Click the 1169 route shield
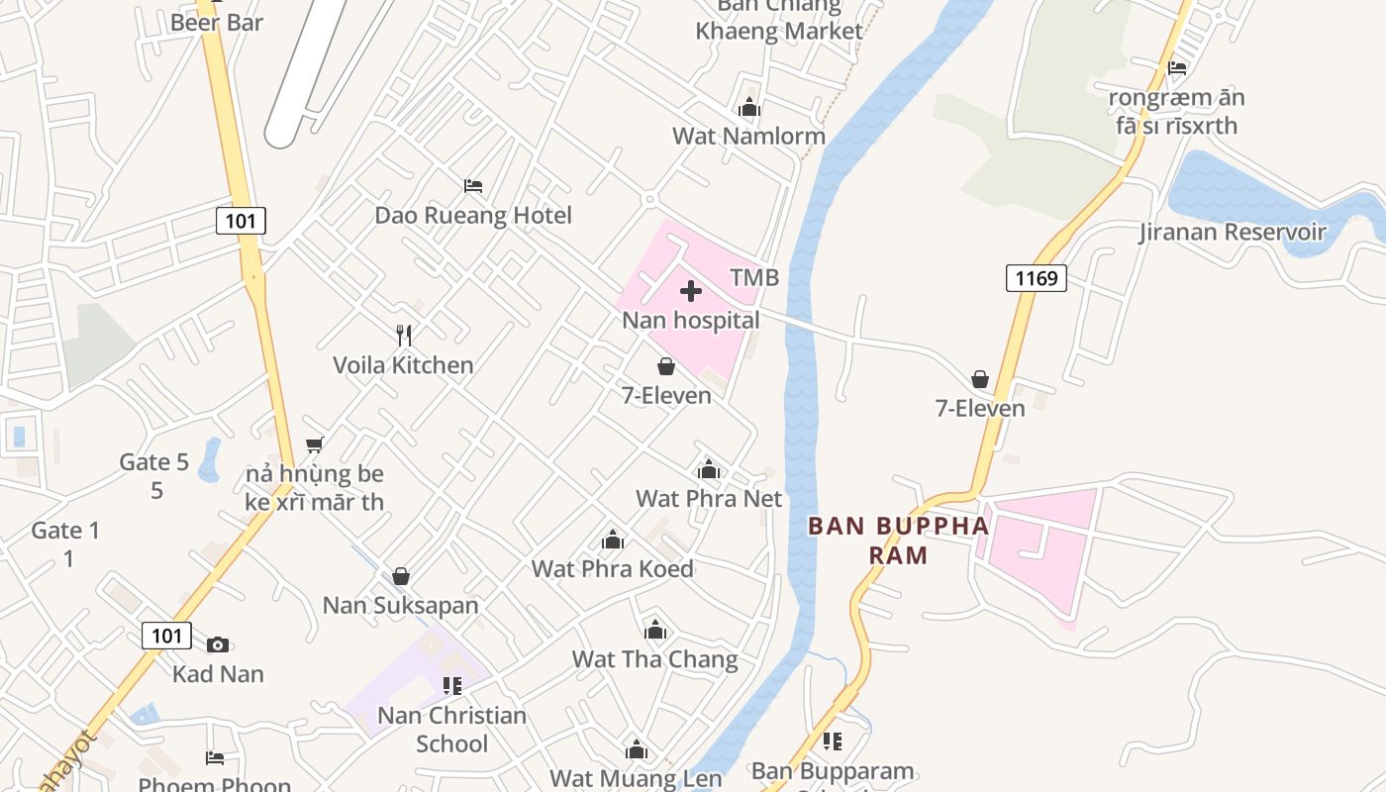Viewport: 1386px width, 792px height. coord(1037,278)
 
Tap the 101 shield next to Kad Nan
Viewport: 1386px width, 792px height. coord(166,635)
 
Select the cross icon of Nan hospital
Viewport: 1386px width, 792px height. coord(691,291)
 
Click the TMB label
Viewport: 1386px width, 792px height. coord(754,278)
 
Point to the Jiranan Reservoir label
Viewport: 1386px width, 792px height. coord(1232,233)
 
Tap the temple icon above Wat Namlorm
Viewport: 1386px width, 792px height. coord(749,107)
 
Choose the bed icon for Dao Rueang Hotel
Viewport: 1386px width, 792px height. coord(473,185)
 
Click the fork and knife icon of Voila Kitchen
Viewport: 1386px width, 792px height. coord(403,336)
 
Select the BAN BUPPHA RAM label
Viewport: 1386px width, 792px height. coord(899,540)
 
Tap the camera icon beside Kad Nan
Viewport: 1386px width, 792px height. coord(218,644)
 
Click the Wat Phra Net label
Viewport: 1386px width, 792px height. coord(709,498)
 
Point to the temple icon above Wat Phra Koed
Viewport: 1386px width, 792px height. coord(613,540)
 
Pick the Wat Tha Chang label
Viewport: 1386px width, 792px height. coord(654,659)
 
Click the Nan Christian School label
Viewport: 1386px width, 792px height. coord(452,729)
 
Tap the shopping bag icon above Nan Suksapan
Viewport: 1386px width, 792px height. coord(401,575)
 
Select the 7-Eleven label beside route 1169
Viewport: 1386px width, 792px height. coord(980,408)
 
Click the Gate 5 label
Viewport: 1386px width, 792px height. coord(154,461)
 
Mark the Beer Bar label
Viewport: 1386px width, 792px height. coord(217,22)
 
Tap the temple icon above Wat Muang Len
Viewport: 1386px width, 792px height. coord(636,749)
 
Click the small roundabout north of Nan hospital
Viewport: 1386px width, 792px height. coord(649,199)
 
